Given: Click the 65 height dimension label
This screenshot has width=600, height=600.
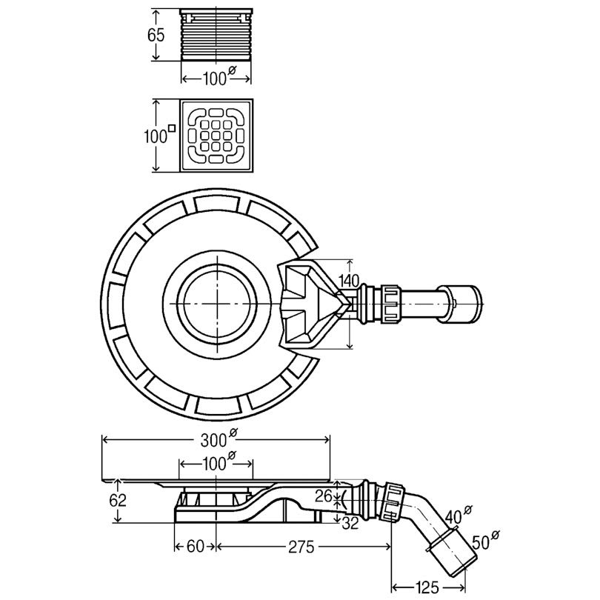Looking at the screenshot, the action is [156, 35].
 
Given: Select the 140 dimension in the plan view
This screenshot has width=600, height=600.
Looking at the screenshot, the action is [349, 281].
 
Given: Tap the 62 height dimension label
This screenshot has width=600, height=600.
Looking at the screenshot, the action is [118, 500].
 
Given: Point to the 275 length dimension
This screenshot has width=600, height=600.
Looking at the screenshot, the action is [301, 547].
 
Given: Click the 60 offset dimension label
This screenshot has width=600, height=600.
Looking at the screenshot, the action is [195, 547].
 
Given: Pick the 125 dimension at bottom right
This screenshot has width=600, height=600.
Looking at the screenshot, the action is [427, 587].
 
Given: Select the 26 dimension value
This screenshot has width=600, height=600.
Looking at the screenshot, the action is [324, 496].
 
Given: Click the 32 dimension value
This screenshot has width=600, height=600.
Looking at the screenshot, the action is [350, 523].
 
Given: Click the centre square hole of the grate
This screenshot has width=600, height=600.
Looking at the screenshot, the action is [216, 136].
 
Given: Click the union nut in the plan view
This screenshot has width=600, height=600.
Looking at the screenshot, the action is [390, 304].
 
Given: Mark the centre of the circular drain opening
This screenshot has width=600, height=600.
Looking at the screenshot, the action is [217, 304].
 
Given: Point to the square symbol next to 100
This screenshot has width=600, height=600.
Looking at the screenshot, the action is [172, 128].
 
